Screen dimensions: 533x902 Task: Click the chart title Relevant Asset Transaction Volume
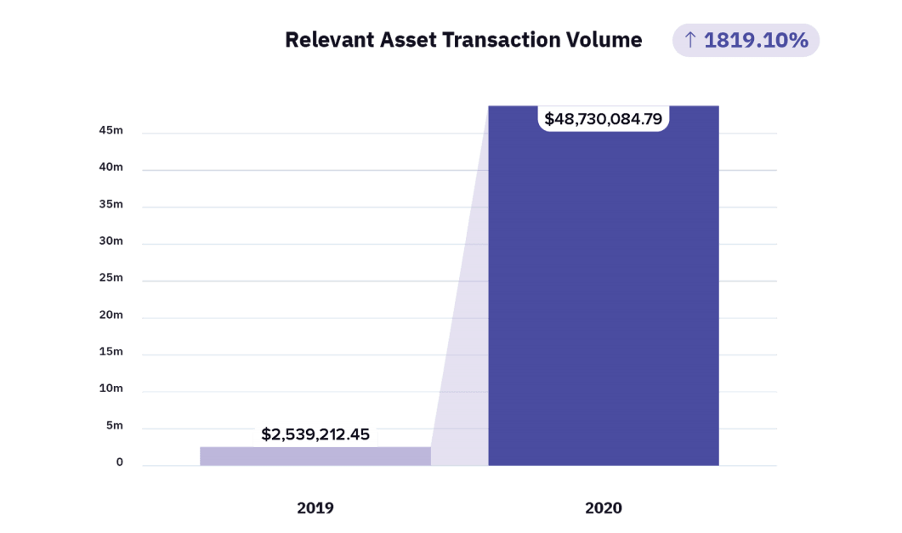[463, 40]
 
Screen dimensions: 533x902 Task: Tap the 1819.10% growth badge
[746, 40]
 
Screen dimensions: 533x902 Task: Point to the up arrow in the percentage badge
[690, 40]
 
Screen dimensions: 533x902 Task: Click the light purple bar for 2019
[315, 456]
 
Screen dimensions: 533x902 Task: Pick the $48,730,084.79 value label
[604, 118]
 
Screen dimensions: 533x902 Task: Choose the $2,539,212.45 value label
[315, 434]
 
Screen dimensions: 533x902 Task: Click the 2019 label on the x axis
[315, 508]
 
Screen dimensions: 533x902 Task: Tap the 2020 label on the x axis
[604, 508]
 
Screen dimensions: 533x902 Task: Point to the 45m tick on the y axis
[111, 131]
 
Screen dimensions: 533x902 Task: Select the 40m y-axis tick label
[111, 167]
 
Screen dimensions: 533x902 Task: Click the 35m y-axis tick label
[111, 205]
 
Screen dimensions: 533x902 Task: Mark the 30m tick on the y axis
[111, 241]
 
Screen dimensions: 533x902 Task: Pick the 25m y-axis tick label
[111, 278]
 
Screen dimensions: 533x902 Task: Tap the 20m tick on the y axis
[111, 315]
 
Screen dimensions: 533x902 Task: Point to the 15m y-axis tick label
[111, 352]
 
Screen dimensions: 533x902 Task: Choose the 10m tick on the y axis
[111, 388]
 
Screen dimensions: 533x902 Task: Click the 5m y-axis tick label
[115, 426]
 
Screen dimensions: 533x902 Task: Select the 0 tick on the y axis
[120, 462]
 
